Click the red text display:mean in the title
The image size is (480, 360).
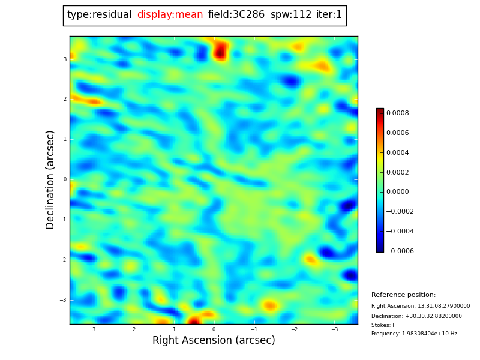pos(170,14)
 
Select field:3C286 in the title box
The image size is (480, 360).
pos(236,14)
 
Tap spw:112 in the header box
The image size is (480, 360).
pos(291,14)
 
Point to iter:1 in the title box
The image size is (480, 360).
pos(329,14)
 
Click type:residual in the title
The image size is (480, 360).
pos(99,14)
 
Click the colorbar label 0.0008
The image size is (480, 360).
pos(398,113)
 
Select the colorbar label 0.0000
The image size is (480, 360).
pos(398,191)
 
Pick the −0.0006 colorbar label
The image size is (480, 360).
pos(400,251)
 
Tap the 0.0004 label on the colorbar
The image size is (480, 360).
pos(398,152)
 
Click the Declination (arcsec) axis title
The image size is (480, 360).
pos(50,180)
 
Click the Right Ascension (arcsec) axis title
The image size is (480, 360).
pos(214,340)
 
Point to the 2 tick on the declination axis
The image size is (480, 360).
pos(65,99)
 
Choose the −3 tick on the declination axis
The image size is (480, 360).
pos(63,300)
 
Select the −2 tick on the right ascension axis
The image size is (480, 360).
pos(294,329)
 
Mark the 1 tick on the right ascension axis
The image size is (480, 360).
pos(174,329)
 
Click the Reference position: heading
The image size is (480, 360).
pos(403,295)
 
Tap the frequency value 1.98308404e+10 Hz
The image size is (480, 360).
pos(430,334)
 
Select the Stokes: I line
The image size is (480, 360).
pos(383,325)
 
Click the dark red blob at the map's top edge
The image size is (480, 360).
pos(220,52)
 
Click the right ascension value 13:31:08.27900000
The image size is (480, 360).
pos(443,306)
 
